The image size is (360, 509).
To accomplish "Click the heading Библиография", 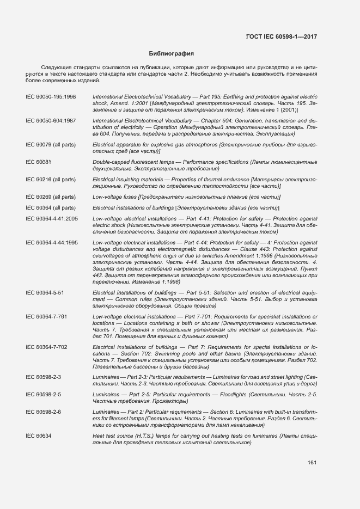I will click(172, 54).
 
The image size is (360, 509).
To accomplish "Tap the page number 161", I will click(312, 463).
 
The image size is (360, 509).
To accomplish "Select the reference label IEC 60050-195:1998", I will click(51, 96).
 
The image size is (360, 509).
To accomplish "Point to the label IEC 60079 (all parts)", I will click(51, 144).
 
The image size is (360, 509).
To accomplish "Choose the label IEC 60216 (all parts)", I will click(51, 179).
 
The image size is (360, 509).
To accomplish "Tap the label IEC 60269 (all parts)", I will click(51, 197).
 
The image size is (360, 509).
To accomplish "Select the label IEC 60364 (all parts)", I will click(51, 207).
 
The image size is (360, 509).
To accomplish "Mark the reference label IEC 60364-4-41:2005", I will click(52, 218).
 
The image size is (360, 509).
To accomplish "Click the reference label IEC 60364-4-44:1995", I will click(52, 242).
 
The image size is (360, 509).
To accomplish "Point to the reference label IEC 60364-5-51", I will click(45, 292).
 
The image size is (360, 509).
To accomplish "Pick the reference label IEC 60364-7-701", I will click(47, 316).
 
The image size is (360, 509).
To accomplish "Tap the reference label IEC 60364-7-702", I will click(47, 347).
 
